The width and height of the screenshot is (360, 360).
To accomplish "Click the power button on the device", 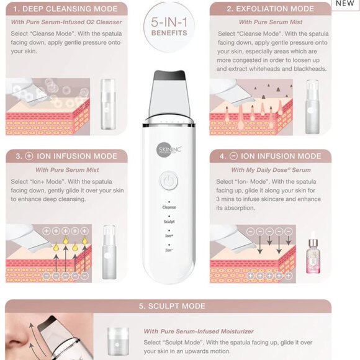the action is coord(169,181).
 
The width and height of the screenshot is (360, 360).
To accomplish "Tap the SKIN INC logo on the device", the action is coord(169,150).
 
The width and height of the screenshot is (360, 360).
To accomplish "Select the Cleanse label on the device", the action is coord(169,207).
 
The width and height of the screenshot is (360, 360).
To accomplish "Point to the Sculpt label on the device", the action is coord(169,222).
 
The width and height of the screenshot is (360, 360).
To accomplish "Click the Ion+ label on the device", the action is coord(169,236).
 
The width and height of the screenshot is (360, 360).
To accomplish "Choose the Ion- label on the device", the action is coord(169,250).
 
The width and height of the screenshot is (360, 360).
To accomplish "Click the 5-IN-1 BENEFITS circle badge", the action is coord(169,27).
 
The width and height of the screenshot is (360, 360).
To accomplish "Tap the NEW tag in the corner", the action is coord(345,4).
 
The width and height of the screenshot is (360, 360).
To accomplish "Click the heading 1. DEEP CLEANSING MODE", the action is coord(65,9).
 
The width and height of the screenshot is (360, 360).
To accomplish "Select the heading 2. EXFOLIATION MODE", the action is coord(270,9).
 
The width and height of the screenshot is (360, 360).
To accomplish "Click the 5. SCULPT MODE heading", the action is coord(172,306).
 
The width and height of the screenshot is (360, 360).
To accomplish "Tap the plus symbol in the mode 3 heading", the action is coord(29,156).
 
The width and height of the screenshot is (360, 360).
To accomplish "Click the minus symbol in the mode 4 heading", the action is coord(233,156).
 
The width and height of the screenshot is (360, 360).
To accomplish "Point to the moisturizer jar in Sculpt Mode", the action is coord(118,341).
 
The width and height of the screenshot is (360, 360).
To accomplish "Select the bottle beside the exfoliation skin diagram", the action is coord(312,107).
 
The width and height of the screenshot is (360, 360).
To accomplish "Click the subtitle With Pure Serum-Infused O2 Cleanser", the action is coord(66,22).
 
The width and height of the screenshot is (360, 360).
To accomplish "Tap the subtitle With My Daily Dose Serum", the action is coord(271,170).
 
